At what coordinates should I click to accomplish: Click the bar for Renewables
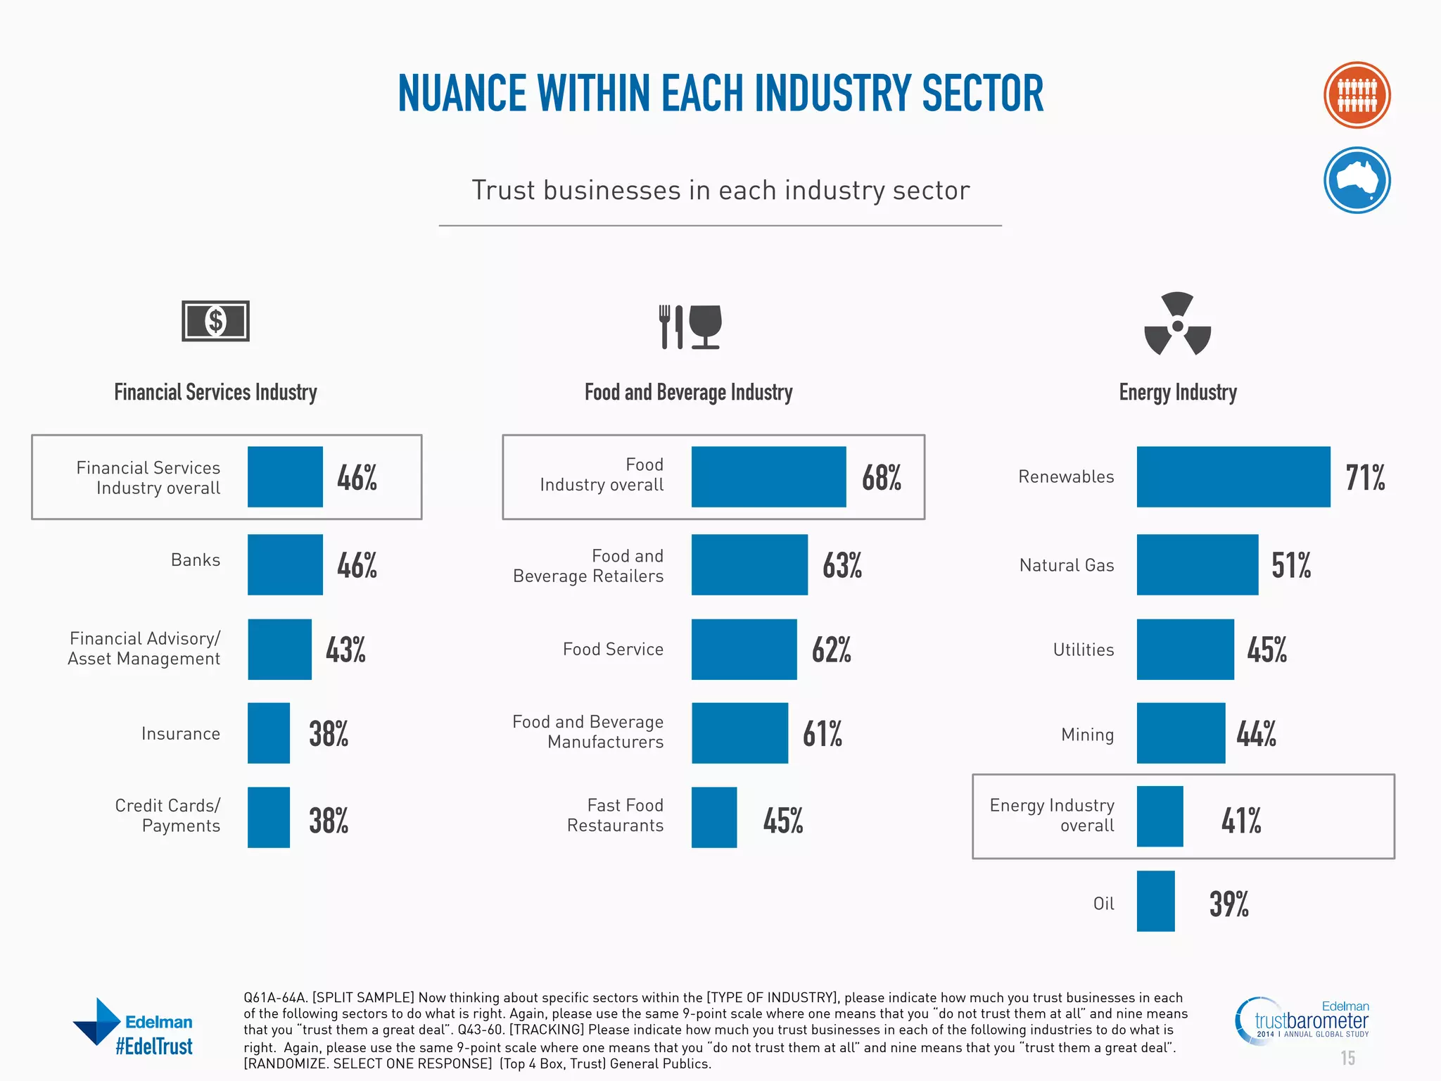[x=1233, y=476]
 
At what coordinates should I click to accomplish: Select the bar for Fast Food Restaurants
[x=713, y=817]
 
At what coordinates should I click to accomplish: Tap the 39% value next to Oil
[x=1229, y=904]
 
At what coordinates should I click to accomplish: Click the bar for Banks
[x=285, y=564]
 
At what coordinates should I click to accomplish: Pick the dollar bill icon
[x=215, y=322]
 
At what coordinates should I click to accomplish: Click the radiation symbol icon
[x=1177, y=324]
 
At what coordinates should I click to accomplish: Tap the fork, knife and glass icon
[x=690, y=327]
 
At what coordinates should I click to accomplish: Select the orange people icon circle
[x=1356, y=96]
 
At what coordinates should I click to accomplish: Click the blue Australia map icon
[x=1356, y=180]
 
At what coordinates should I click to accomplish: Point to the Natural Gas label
[x=1066, y=565]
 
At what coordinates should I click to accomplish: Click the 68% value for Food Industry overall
[x=881, y=478]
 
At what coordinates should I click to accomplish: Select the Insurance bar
[x=268, y=733]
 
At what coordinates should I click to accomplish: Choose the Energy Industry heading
[x=1177, y=392]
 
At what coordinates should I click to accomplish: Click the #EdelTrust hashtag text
[x=154, y=1047]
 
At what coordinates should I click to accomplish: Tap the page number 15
[x=1347, y=1058]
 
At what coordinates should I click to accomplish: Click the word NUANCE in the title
[x=462, y=94]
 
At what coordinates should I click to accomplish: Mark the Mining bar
[x=1180, y=733]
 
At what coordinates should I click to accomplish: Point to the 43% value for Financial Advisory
[x=345, y=650]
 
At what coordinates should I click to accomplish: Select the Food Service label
[x=612, y=649]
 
